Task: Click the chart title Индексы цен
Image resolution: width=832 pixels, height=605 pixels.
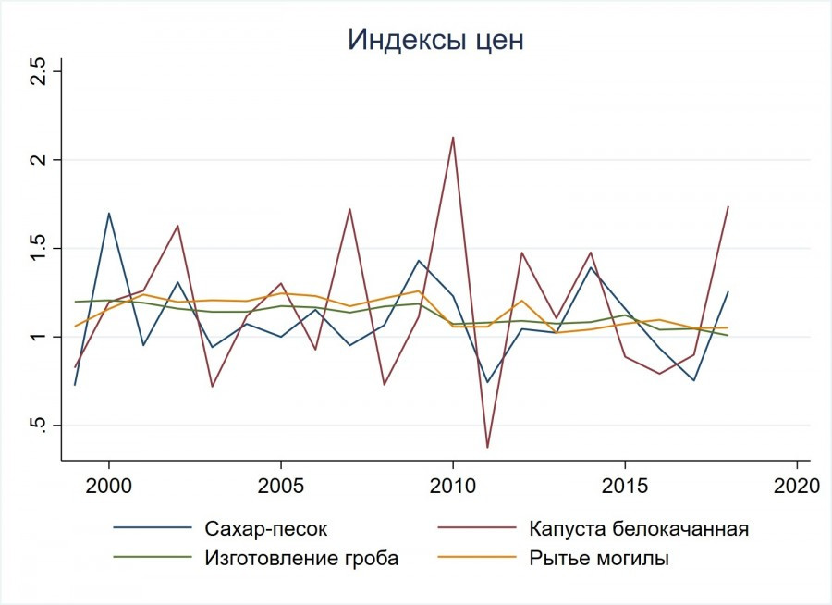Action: click(x=436, y=40)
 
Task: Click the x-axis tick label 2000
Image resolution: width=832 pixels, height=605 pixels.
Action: click(x=109, y=487)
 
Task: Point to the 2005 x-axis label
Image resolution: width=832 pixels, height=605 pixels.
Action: click(x=281, y=487)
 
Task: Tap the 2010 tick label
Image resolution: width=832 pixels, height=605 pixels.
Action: click(x=453, y=487)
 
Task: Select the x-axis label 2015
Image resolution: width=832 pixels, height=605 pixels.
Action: click(x=625, y=487)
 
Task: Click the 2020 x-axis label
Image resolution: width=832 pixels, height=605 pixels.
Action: click(x=796, y=487)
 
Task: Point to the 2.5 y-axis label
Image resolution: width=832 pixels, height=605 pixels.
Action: click(x=39, y=71)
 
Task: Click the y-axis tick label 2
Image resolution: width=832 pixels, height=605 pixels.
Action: click(x=39, y=160)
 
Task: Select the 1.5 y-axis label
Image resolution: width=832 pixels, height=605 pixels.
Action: click(x=39, y=248)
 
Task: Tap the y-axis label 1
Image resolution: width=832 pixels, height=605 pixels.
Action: click(x=39, y=337)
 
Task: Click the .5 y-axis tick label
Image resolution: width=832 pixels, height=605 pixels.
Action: click(x=39, y=426)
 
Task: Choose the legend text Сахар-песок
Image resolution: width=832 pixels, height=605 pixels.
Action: click(x=264, y=529)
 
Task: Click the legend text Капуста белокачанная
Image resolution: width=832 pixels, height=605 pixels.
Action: click(x=639, y=529)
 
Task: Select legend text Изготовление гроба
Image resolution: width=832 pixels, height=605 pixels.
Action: click(x=300, y=557)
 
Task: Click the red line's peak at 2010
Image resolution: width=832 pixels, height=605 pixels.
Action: click(x=453, y=137)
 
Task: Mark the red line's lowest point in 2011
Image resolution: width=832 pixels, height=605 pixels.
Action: click(x=487, y=448)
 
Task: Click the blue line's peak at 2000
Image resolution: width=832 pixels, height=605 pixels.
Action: click(x=109, y=213)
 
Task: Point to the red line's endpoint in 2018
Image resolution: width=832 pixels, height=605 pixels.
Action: click(x=728, y=206)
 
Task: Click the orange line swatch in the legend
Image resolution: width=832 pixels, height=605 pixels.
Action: click(x=477, y=557)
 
